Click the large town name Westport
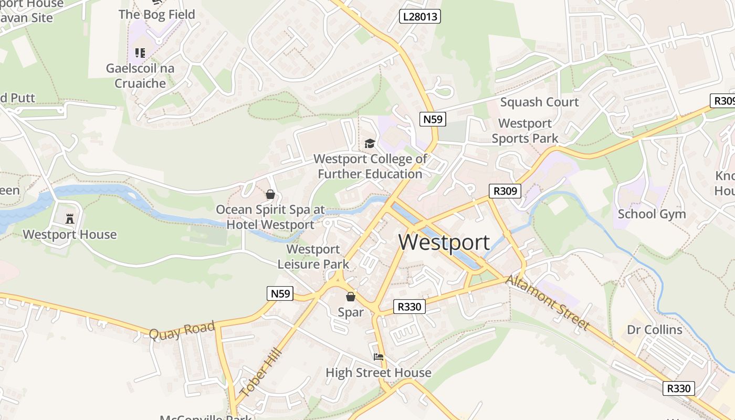[x=444, y=242]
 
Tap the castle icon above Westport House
[x=70, y=218]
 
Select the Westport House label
[x=70, y=234]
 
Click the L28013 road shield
[x=419, y=16]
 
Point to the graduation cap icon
[x=370, y=143]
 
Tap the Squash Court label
[x=539, y=102]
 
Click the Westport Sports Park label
[x=525, y=131]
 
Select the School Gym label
[x=652, y=214]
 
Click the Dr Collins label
[x=655, y=330]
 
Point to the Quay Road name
[x=182, y=330]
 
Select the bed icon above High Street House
[x=379, y=357]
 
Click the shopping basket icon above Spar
[x=351, y=297]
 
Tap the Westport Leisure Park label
[x=313, y=256]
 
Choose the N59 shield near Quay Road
[x=280, y=293]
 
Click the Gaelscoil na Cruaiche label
[x=140, y=76]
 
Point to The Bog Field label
[x=157, y=14]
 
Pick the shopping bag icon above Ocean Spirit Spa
[x=270, y=195]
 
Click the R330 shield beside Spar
[x=409, y=307]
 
